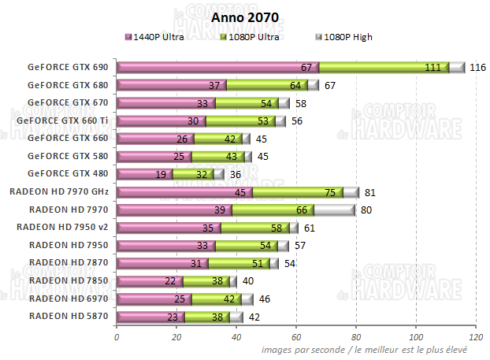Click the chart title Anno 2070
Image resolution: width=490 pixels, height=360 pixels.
point(245,17)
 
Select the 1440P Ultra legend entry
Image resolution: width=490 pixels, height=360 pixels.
point(159,37)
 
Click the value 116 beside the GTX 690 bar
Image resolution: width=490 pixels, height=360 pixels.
point(477,68)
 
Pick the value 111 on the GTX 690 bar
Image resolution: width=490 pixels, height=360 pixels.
point(432,68)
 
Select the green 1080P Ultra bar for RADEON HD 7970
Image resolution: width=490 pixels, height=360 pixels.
point(272,210)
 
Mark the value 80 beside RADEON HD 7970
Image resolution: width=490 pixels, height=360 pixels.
point(366,210)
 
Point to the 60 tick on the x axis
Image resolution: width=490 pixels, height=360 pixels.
point(296,338)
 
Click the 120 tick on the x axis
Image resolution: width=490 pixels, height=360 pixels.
point(476,338)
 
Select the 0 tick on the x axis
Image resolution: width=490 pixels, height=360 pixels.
point(117,338)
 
